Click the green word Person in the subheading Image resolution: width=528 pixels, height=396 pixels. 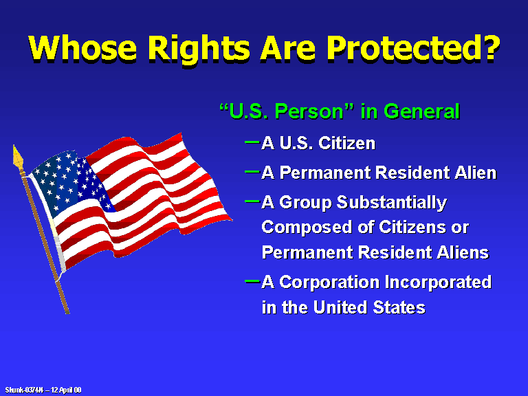click(309, 112)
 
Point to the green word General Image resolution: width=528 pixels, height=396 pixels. click(421, 111)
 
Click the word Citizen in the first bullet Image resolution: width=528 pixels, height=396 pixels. click(346, 143)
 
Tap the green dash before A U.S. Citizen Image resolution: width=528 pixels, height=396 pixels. click(252, 142)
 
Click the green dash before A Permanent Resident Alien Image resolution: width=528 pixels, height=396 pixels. click(252, 172)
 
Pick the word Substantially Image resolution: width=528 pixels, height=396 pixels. click(392, 203)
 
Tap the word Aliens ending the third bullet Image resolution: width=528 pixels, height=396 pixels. click(463, 252)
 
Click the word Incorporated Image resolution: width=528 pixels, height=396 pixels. click(438, 282)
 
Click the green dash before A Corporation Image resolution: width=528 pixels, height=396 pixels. click(252, 280)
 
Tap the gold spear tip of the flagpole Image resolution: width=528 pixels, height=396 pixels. click(18, 157)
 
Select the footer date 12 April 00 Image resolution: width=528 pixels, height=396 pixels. click(66, 390)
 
